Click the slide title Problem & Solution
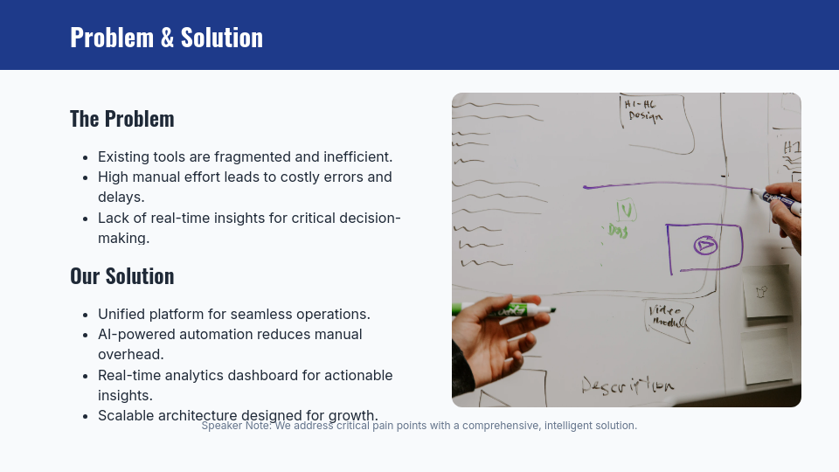(x=166, y=37)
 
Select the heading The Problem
(x=122, y=118)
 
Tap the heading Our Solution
(x=122, y=275)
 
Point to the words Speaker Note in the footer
(x=235, y=426)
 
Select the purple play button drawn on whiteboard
(x=704, y=246)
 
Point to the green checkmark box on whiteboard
(x=626, y=210)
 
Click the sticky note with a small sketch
(x=766, y=291)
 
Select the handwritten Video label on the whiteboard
(x=666, y=316)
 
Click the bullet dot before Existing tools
(x=85, y=157)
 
